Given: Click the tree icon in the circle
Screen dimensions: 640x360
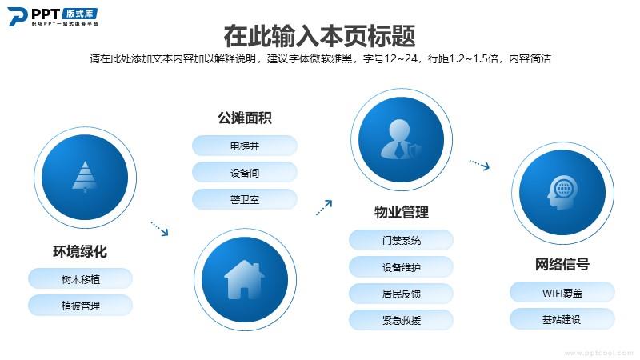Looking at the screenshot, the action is (x=85, y=177).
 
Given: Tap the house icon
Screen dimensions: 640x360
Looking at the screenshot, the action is (x=245, y=279).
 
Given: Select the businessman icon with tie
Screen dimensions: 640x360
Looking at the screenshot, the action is (x=401, y=139).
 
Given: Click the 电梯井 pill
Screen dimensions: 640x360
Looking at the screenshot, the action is (x=245, y=146).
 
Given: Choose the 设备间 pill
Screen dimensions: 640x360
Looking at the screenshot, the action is (x=245, y=173).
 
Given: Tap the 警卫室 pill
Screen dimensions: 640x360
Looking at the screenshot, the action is (x=245, y=199).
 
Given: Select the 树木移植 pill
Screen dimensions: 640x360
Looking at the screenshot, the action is (x=81, y=279).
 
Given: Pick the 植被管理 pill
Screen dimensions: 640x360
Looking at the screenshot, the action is (x=81, y=306).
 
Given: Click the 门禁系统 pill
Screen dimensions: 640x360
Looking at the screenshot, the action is (x=402, y=241).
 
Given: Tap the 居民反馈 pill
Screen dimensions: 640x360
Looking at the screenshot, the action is (x=402, y=294).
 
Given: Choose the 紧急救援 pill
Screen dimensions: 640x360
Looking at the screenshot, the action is (x=402, y=321).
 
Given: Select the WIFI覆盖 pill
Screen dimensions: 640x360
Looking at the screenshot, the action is (x=562, y=293).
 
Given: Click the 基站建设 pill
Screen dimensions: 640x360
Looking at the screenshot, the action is (x=562, y=319).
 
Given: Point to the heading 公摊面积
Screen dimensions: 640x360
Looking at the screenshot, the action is (x=245, y=118).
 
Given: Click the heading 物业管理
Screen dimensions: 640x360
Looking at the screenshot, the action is (x=402, y=212).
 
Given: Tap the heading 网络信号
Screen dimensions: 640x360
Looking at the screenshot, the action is (x=562, y=264).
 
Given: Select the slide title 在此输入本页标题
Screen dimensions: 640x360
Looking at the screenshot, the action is (x=319, y=36).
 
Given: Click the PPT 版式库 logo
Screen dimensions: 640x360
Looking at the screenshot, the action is (x=53, y=16).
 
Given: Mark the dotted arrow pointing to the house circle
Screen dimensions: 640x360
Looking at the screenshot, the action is (x=159, y=229).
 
